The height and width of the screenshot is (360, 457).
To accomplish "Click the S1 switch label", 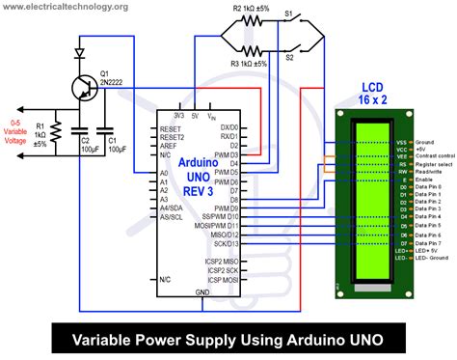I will [287, 14].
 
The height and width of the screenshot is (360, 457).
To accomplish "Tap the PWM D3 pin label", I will [228, 153].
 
